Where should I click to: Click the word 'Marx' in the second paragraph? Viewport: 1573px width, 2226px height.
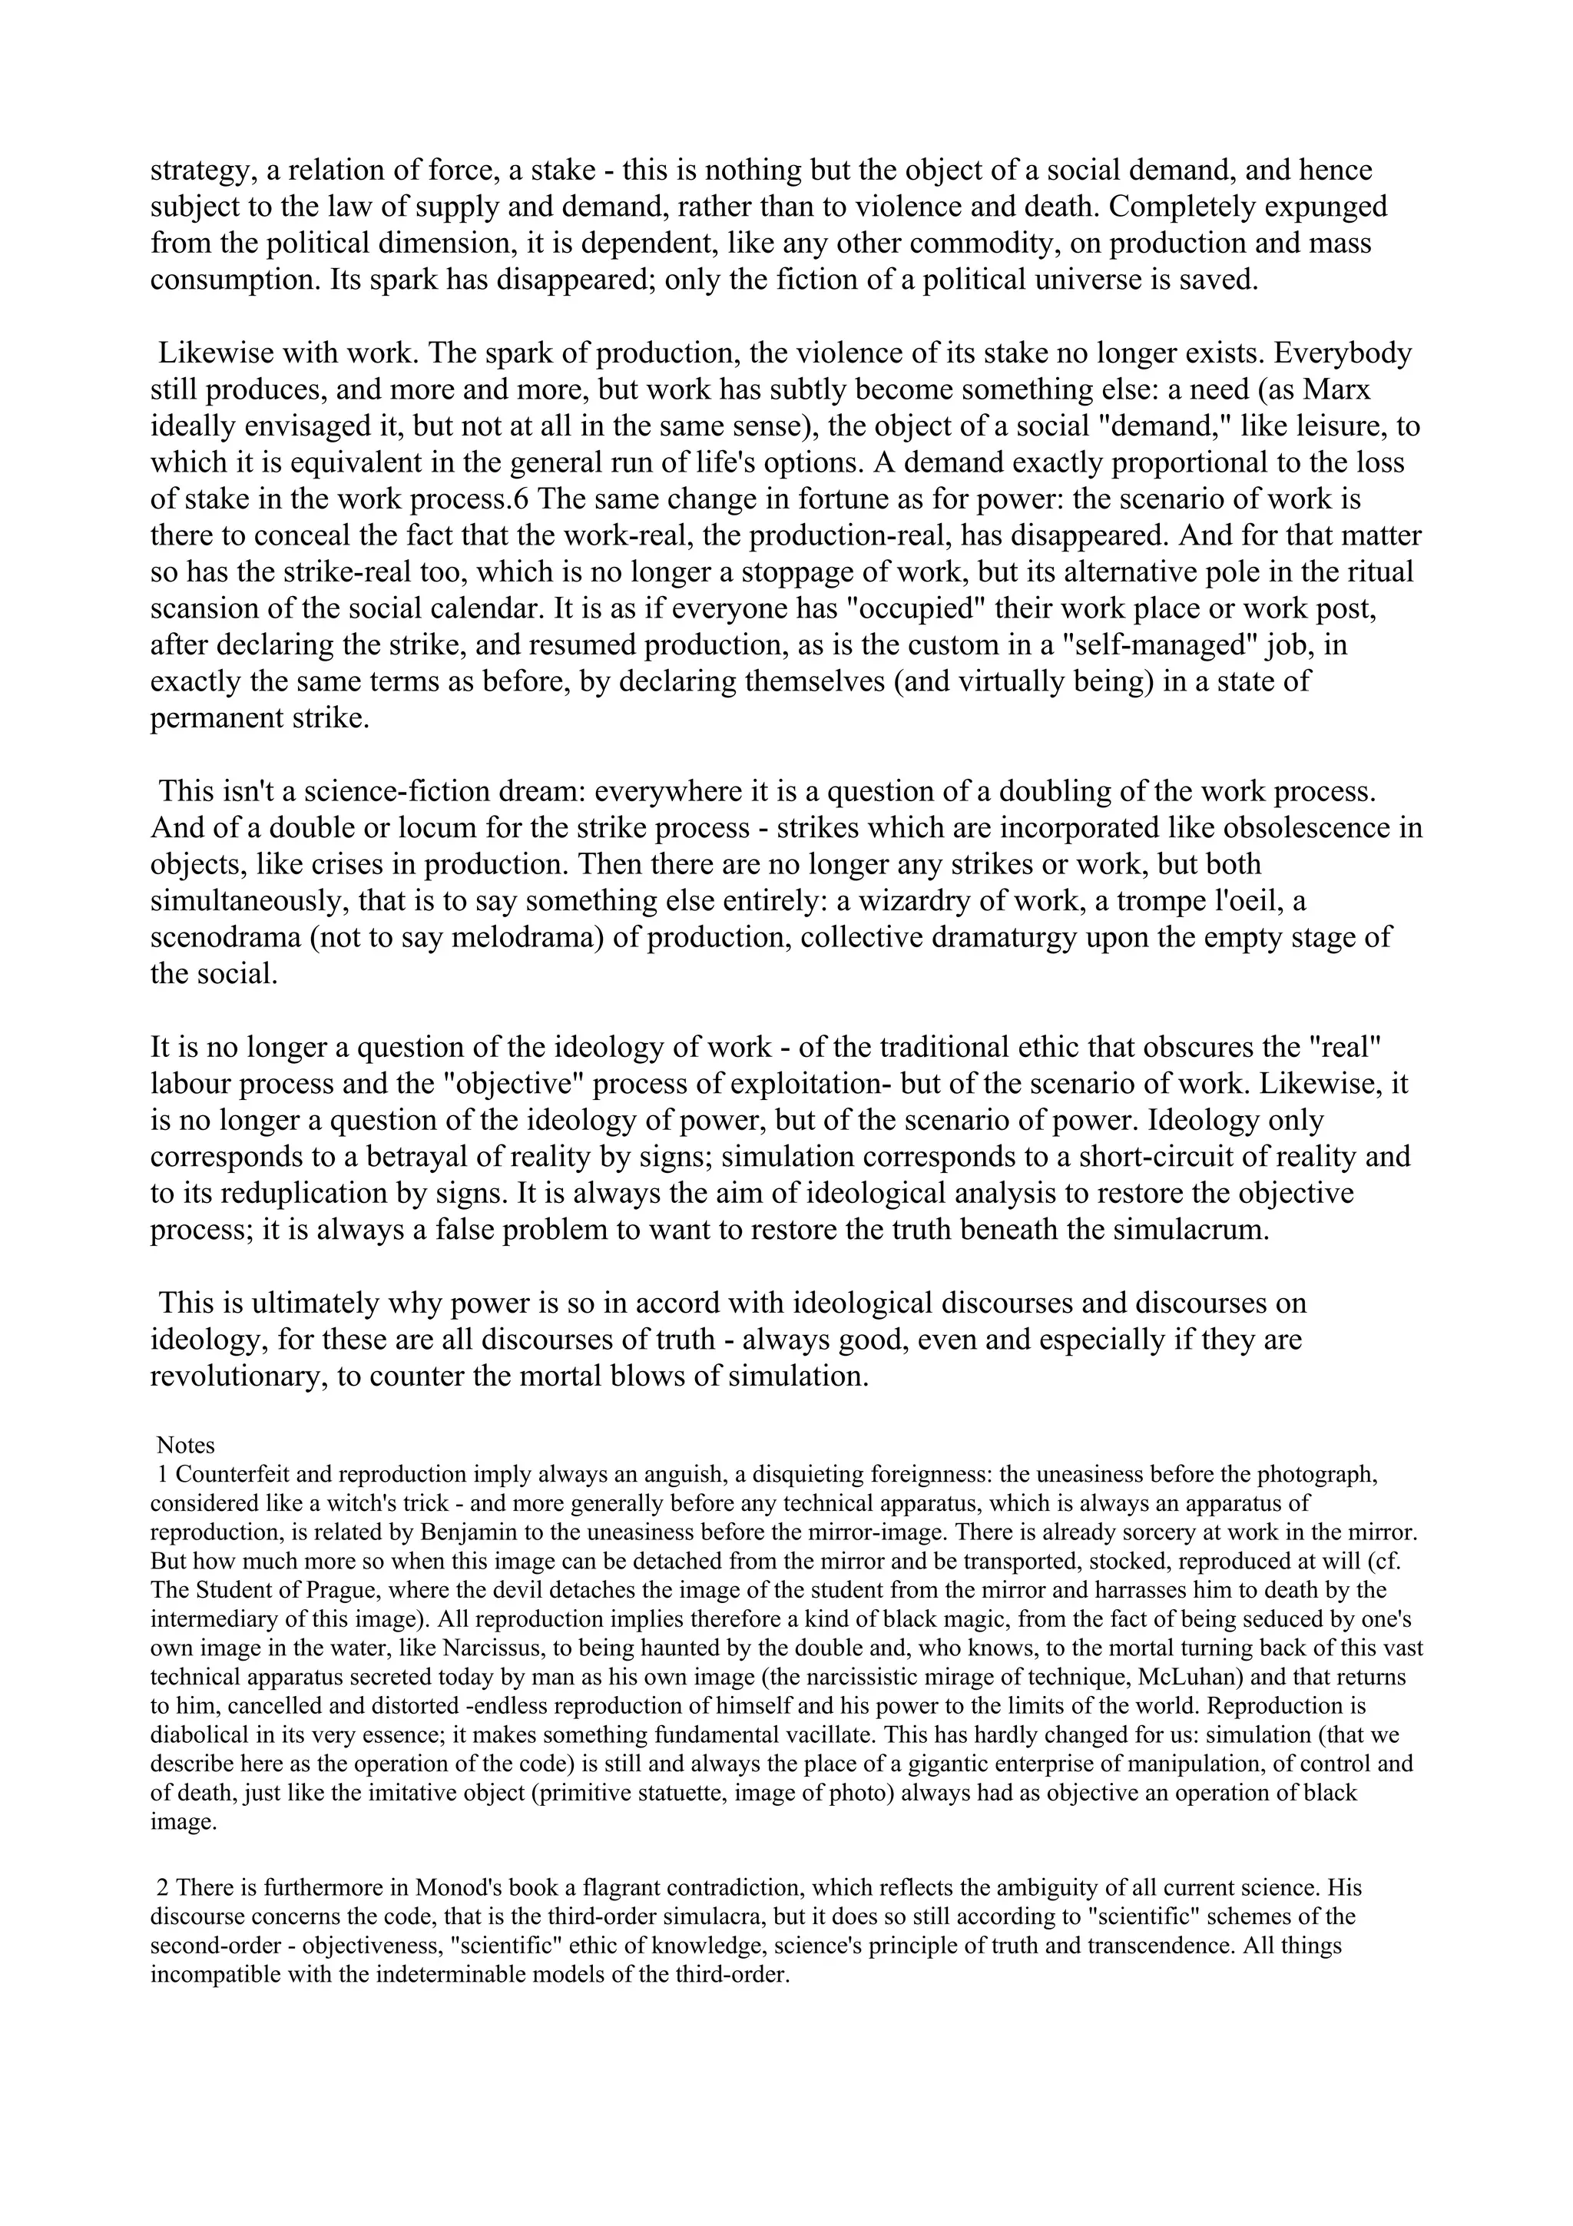[x=1336, y=389]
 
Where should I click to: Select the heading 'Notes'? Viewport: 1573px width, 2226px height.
[x=185, y=1446]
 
